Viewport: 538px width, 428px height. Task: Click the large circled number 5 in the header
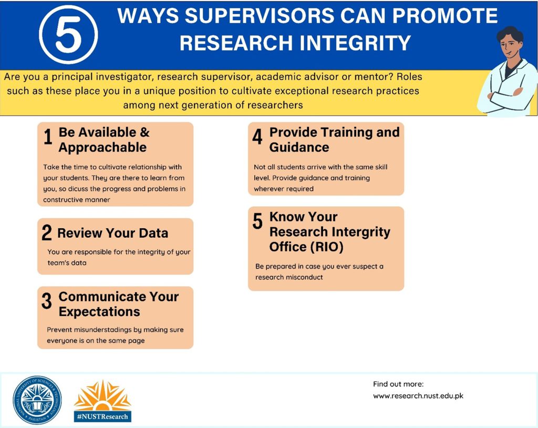point(69,35)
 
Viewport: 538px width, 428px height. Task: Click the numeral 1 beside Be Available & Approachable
point(48,137)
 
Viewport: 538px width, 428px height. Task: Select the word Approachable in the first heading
point(102,147)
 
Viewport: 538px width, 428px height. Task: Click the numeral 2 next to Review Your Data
point(47,232)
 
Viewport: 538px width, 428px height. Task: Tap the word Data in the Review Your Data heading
point(153,233)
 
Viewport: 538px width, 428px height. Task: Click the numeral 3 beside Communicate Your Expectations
point(47,301)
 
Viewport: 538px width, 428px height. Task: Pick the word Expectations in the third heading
point(99,312)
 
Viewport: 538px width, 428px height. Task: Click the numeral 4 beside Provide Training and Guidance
point(257,137)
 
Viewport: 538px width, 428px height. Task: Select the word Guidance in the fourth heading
point(299,147)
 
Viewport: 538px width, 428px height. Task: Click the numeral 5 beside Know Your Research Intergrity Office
point(257,221)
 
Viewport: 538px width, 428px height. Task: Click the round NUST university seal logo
point(37,400)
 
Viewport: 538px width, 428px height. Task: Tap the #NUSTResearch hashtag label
point(102,416)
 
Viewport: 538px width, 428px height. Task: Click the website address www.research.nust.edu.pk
point(418,396)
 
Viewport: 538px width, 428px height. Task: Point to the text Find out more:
point(398,384)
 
